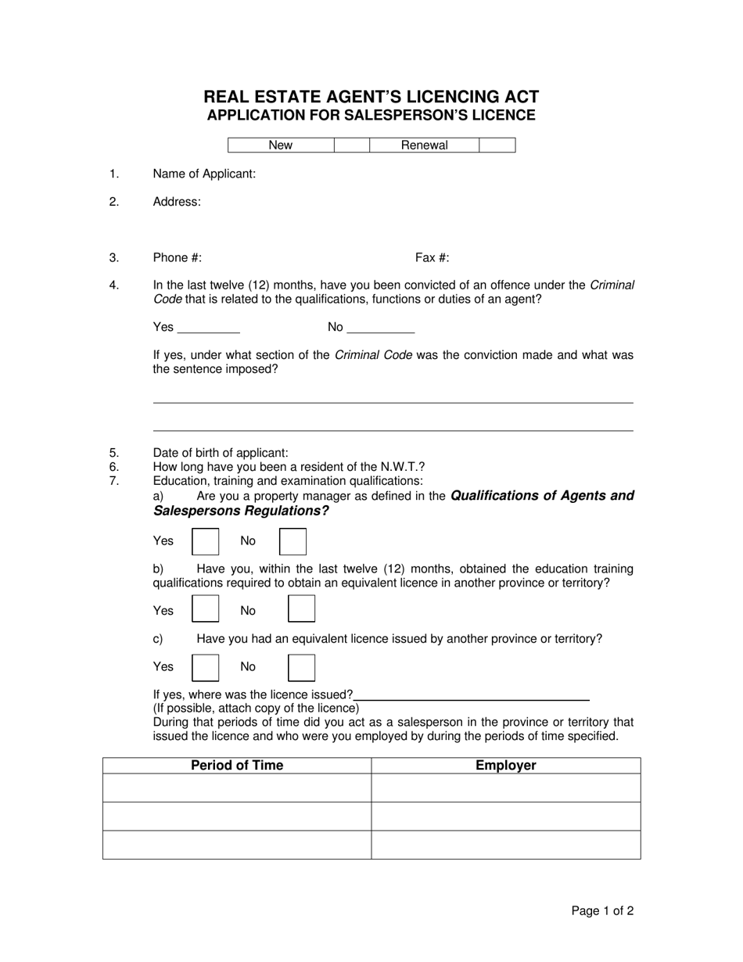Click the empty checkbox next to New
351,145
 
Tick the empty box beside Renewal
497,145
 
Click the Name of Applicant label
204,174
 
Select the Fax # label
432,258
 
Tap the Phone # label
178,258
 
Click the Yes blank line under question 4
209,328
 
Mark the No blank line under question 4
380,328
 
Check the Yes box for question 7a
205,541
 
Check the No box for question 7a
293,541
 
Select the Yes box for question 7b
205,609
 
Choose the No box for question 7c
301,667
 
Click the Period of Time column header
237,766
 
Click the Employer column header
506,766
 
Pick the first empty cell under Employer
506,788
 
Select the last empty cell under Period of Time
237,845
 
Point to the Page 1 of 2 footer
602,910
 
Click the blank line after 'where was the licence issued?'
472,695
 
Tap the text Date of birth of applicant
221,453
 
